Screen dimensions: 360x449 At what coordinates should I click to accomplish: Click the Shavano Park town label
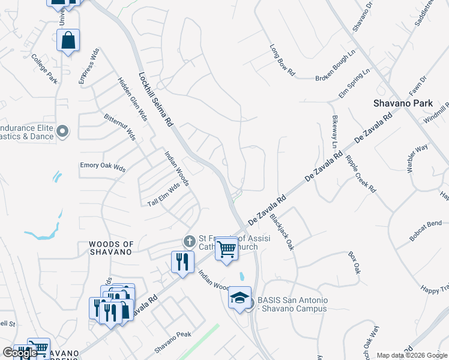click(403, 103)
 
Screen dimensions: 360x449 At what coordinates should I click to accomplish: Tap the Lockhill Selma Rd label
click(155, 99)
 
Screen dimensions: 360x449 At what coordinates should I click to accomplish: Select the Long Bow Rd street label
click(282, 60)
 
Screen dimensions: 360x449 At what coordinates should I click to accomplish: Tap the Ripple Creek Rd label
click(361, 174)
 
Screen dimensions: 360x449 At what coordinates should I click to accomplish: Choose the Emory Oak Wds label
click(103, 167)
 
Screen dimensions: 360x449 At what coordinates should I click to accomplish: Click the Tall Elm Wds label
click(164, 196)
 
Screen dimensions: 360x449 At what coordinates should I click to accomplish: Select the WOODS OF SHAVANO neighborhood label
click(110, 248)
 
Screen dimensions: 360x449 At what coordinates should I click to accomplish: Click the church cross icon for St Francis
click(189, 241)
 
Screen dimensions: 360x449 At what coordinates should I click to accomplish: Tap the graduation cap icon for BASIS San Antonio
click(239, 297)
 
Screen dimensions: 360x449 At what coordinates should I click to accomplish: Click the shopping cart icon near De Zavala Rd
click(226, 247)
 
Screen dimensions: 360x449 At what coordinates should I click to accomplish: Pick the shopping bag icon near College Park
click(68, 40)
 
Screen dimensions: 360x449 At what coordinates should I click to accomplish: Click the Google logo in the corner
click(20, 353)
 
